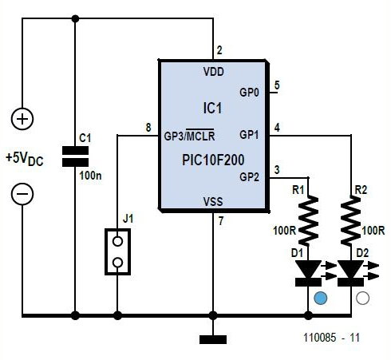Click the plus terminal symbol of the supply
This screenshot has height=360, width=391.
coord(22,119)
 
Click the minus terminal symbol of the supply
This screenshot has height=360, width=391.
coord(22,194)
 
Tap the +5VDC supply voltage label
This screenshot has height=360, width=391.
coord(25,159)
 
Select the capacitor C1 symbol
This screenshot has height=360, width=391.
coord(75,156)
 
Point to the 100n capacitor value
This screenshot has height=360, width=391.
coord(90,176)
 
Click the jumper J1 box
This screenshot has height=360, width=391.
coord(117,251)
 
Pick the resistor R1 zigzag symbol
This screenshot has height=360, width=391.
coord(308,220)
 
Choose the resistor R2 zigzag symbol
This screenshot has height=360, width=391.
coord(351,220)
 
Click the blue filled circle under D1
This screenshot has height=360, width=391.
coord(320,298)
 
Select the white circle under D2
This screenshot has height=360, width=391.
coord(362,298)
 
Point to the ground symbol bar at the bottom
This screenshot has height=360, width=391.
coord(213,339)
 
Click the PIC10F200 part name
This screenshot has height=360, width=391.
coord(213,160)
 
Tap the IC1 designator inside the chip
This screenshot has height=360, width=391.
coord(212,109)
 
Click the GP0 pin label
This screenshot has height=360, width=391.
coord(249,93)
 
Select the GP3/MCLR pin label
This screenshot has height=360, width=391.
coord(189,136)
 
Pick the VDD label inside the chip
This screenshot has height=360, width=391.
coord(214,72)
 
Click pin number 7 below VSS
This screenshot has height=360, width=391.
coord(221,221)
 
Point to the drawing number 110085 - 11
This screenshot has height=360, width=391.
coord(331,338)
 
